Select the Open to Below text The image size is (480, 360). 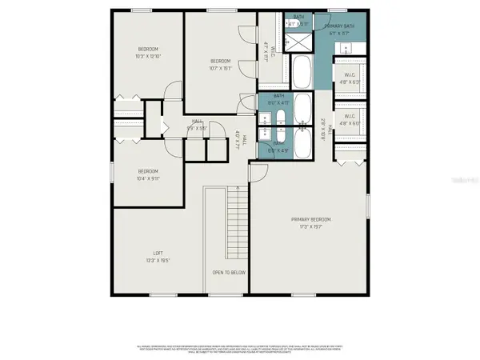pos(229,273)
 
